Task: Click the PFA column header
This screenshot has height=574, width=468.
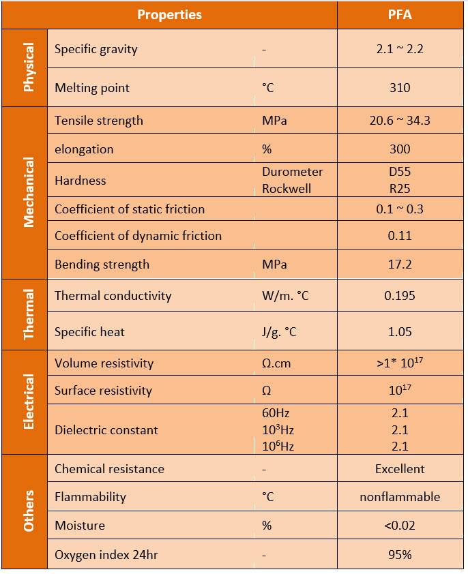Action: point(400,14)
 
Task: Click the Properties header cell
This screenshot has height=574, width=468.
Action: point(169,14)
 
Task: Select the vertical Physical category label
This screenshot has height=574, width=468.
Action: point(28,67)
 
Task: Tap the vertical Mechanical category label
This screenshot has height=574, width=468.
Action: point(28,192)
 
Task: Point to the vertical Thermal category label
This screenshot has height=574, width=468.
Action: point(28,314)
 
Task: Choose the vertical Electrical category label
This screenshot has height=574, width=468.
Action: point(28,402)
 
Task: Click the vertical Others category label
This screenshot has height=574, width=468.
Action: point(28,511)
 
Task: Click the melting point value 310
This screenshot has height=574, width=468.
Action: point(400,88)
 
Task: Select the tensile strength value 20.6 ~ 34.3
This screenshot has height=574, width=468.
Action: point(400,121)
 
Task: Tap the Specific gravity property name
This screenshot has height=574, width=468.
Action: point(96,49)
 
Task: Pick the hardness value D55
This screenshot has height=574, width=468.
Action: point(400,172)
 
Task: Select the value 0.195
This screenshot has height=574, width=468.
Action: point(400,296)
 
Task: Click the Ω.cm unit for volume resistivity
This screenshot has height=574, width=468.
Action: point(276,363)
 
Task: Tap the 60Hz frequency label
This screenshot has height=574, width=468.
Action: point(276,413)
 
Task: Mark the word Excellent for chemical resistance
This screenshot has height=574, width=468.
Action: point(400,469)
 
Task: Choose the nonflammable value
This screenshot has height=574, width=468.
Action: point(400,497)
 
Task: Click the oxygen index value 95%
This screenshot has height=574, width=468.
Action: point(400,555)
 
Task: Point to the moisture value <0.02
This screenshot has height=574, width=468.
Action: point(400,526)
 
